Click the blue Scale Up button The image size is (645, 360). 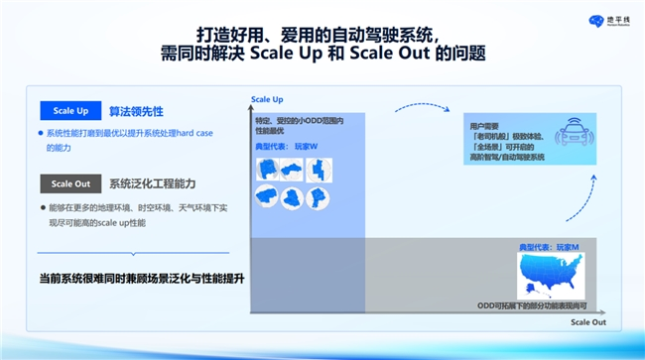click(69, 112)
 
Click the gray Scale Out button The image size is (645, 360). click(69, 183)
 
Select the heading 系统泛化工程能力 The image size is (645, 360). click(152, 183)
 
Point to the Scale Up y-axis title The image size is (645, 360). click(267, 100)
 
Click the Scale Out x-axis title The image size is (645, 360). click(585, 322)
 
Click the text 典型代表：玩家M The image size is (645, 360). click(549, 245)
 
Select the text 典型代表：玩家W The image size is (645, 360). click(285, 147)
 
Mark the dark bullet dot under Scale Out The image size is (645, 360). click(41, 208)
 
